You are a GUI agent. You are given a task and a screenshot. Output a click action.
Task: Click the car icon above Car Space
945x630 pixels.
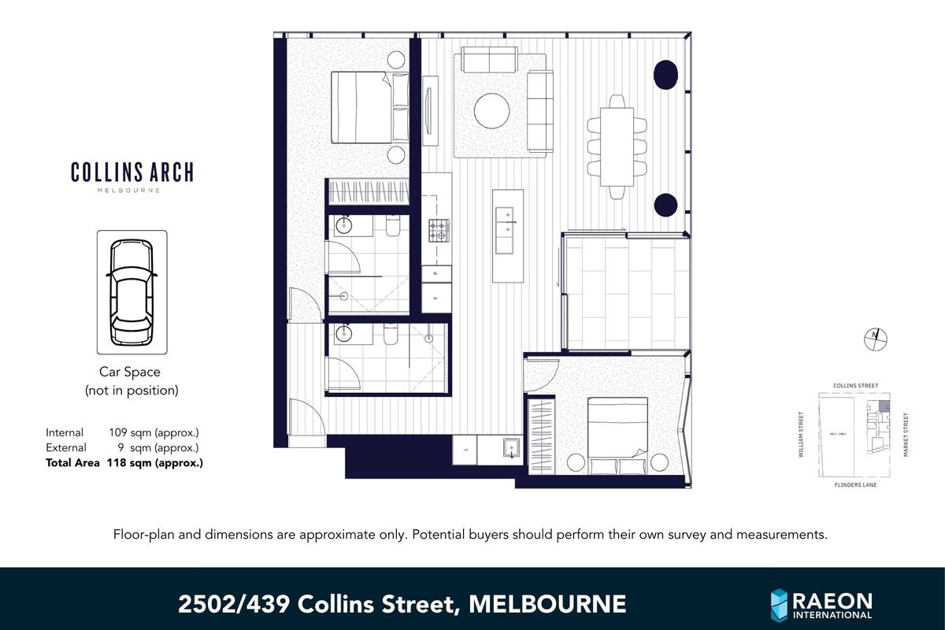tap(132, 292)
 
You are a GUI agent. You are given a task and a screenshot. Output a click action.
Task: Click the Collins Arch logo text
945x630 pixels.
tap(132, 172)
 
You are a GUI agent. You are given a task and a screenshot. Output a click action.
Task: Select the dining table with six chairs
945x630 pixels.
tap(617, 146)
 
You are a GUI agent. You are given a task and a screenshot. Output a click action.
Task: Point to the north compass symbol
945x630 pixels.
tap(875, 338)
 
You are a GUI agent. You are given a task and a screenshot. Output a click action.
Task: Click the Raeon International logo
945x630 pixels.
tap(821, 605)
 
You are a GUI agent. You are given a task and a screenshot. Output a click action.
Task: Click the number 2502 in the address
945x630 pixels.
tap(206, 605)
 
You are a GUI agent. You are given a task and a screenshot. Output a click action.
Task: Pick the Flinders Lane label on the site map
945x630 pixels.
tap(854, 485)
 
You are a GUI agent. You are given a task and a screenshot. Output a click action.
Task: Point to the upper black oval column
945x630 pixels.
tap(665, 74)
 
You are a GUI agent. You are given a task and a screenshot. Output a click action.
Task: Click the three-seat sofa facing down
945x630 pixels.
tap(489, 61)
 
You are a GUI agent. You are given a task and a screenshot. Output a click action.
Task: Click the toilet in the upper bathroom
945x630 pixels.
tap(393, 227)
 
